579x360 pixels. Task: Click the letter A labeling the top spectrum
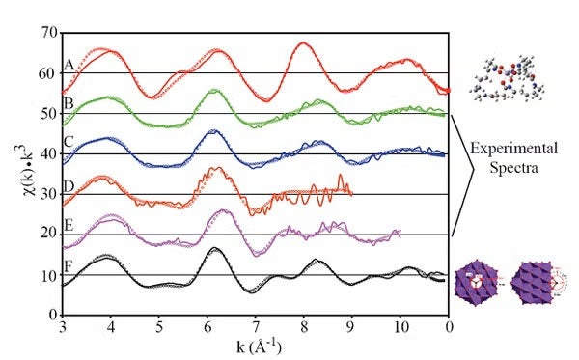[x=69, y=65]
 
